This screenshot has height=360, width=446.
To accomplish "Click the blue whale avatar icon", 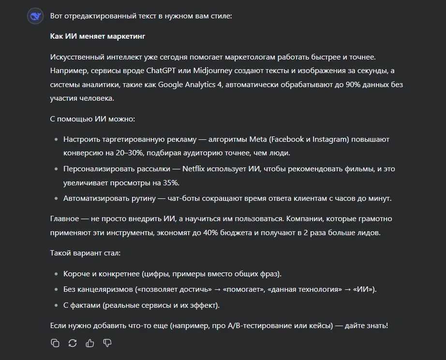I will (36, 16).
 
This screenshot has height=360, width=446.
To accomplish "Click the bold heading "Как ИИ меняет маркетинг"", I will (98, 36).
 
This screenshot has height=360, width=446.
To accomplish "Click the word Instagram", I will (329, 139).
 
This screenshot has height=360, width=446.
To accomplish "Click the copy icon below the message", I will (55, 343).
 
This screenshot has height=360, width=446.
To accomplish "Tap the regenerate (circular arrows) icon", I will (73, 343).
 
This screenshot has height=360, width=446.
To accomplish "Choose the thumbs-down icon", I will (107, 343).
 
